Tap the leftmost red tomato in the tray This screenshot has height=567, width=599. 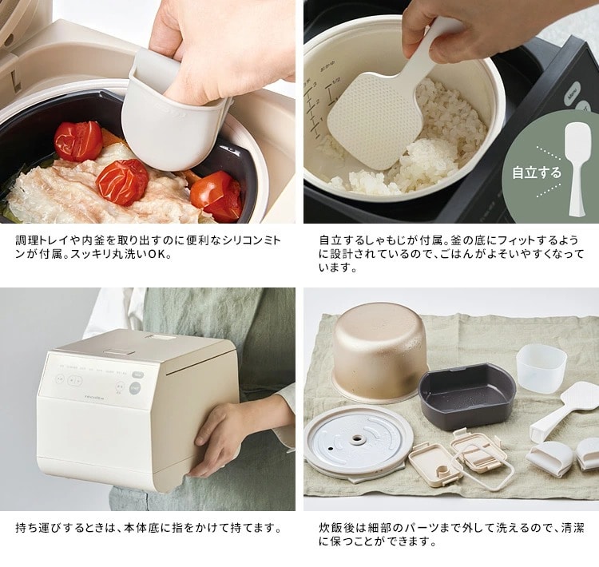coord(78,141)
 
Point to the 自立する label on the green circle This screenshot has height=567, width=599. coord(537,172)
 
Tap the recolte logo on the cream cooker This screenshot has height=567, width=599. coord(94,398)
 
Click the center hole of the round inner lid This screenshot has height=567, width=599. coord(358,439)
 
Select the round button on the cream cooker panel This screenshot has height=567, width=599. coord(134,389)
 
